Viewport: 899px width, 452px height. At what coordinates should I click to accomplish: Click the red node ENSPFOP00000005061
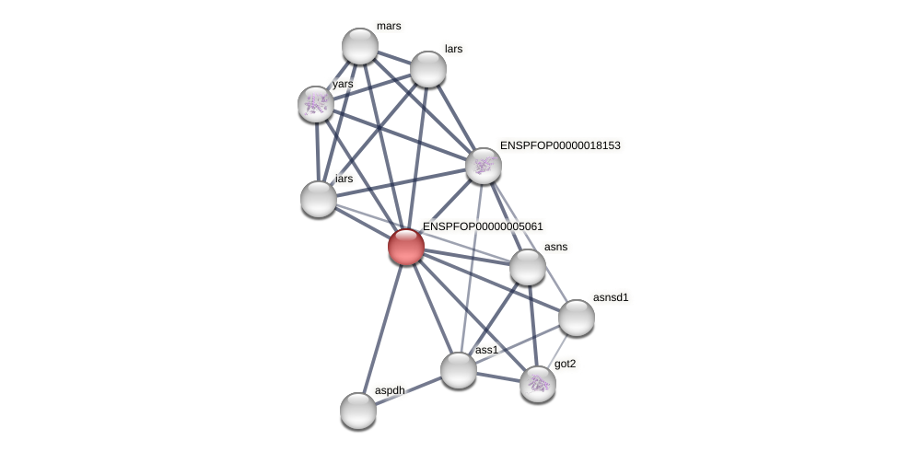tap(405, 247)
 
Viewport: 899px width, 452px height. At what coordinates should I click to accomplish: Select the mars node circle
tap(360, 46)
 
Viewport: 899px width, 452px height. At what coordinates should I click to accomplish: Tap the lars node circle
tap(428, 69)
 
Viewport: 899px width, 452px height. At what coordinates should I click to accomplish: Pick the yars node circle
tap(316, 104)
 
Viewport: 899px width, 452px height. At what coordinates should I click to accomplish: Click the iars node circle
tap(319, 199)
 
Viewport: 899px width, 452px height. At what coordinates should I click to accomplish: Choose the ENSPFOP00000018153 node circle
tap(484, 166)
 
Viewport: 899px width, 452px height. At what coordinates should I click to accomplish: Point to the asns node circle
tap(528, 267)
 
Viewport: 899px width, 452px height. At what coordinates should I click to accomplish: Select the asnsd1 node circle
tap(577, 318)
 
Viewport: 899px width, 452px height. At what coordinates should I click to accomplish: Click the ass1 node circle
tap(459, 370)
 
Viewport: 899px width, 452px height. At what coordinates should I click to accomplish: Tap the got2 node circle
tap(538, 384)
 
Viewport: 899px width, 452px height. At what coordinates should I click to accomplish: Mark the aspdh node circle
tap(358, 411)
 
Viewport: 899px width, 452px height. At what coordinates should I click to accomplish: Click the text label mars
tap(389, 26)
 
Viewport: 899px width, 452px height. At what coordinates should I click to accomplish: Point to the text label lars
tap(453, 49)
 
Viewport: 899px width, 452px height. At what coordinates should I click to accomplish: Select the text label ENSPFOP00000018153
tap(560, 145)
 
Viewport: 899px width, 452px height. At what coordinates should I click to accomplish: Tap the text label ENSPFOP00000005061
tap(483, 226)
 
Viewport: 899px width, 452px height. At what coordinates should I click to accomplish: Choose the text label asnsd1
tap(611, 297)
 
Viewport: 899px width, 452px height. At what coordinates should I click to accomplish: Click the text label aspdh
tap(390, 390)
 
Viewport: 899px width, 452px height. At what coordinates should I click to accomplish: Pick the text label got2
tap(565, 364)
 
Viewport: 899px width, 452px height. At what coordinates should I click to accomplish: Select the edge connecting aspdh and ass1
tap(408, 390)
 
